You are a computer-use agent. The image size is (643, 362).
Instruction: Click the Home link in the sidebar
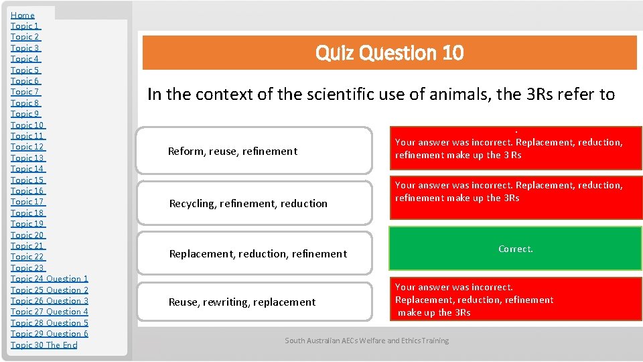click(x=23, y=15)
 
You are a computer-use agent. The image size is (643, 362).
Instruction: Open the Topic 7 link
click(x=25, y=92)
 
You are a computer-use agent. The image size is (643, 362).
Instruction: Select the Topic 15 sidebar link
click(x=27, y=180)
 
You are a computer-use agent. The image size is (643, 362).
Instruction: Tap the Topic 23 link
click(x=27, y=267)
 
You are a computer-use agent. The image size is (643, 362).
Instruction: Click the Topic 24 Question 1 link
click(x=50, y=279)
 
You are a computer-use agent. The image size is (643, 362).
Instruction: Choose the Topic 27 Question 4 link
click(x=50, y=312)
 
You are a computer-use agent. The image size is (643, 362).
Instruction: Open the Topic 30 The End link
click(x=44, y=345)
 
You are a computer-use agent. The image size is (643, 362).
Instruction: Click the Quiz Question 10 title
click(x=389, y=53)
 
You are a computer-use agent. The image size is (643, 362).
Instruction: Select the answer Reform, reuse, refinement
click(x=232, y=152)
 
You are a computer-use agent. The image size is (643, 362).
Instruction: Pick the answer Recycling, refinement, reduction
click(x=248, y=203)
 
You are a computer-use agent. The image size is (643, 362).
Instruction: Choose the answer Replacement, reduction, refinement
click(x=258, y=253)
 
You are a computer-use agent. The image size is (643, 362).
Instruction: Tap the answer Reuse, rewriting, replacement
click(x=242, y=302)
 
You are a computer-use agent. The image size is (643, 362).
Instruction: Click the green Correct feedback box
click(x=515, y=249)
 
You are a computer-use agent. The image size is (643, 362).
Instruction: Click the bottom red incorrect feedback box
click(x=515, y=300)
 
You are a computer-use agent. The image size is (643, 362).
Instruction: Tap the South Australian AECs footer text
click(x=366, y=341)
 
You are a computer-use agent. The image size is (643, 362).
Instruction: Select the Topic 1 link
click(x=25, y=26)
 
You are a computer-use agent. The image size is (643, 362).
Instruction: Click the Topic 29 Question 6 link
click(x=50, y=334)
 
